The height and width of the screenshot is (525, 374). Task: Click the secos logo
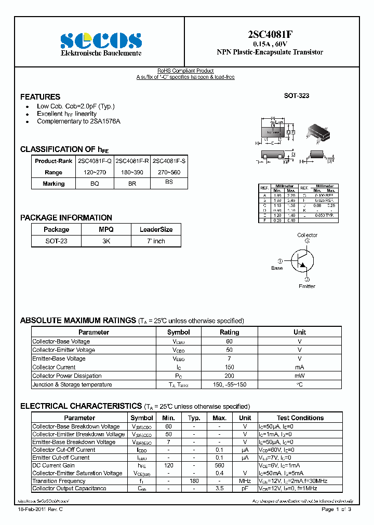point(101,40)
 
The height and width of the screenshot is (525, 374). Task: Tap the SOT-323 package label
point(296,96)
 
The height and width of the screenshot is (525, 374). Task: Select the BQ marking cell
point(95,183)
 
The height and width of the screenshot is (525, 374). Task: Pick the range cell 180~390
point(132,172)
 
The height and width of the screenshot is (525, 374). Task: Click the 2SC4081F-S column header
point(169,161)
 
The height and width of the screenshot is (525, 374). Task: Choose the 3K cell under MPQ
point(106,241)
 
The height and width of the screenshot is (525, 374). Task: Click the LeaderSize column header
point(156,229)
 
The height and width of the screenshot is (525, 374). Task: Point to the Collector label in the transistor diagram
point(307,235)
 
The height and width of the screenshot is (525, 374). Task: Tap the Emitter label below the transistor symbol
point(306,286)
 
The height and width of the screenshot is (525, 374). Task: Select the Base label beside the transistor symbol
point(277,268)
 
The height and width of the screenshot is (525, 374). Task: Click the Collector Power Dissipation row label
point(67,376)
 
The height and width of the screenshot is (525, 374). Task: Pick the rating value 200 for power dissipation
point(230,376)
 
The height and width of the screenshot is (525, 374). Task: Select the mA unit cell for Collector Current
point(300,367)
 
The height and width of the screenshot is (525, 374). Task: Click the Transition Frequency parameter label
point(59,481)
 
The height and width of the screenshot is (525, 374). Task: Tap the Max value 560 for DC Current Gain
point(219,465)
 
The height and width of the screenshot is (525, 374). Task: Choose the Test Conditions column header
point(300,418)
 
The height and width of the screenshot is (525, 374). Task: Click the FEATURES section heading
point(40,97)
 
